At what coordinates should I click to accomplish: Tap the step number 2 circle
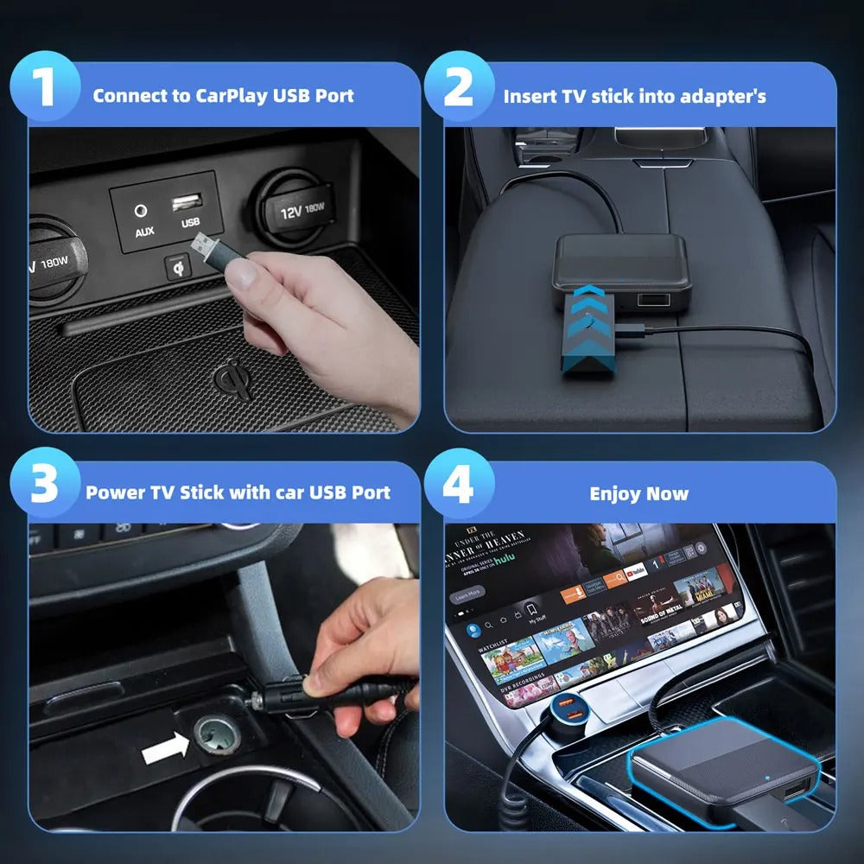tap(459, 90)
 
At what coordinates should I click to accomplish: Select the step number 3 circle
tap(44, 486)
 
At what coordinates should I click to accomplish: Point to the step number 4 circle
tap(458, 486)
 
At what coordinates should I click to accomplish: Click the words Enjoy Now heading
tap(638, 494)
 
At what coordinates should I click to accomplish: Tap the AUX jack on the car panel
tap(142, 211)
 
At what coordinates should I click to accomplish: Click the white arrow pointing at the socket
tap(164, 748)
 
